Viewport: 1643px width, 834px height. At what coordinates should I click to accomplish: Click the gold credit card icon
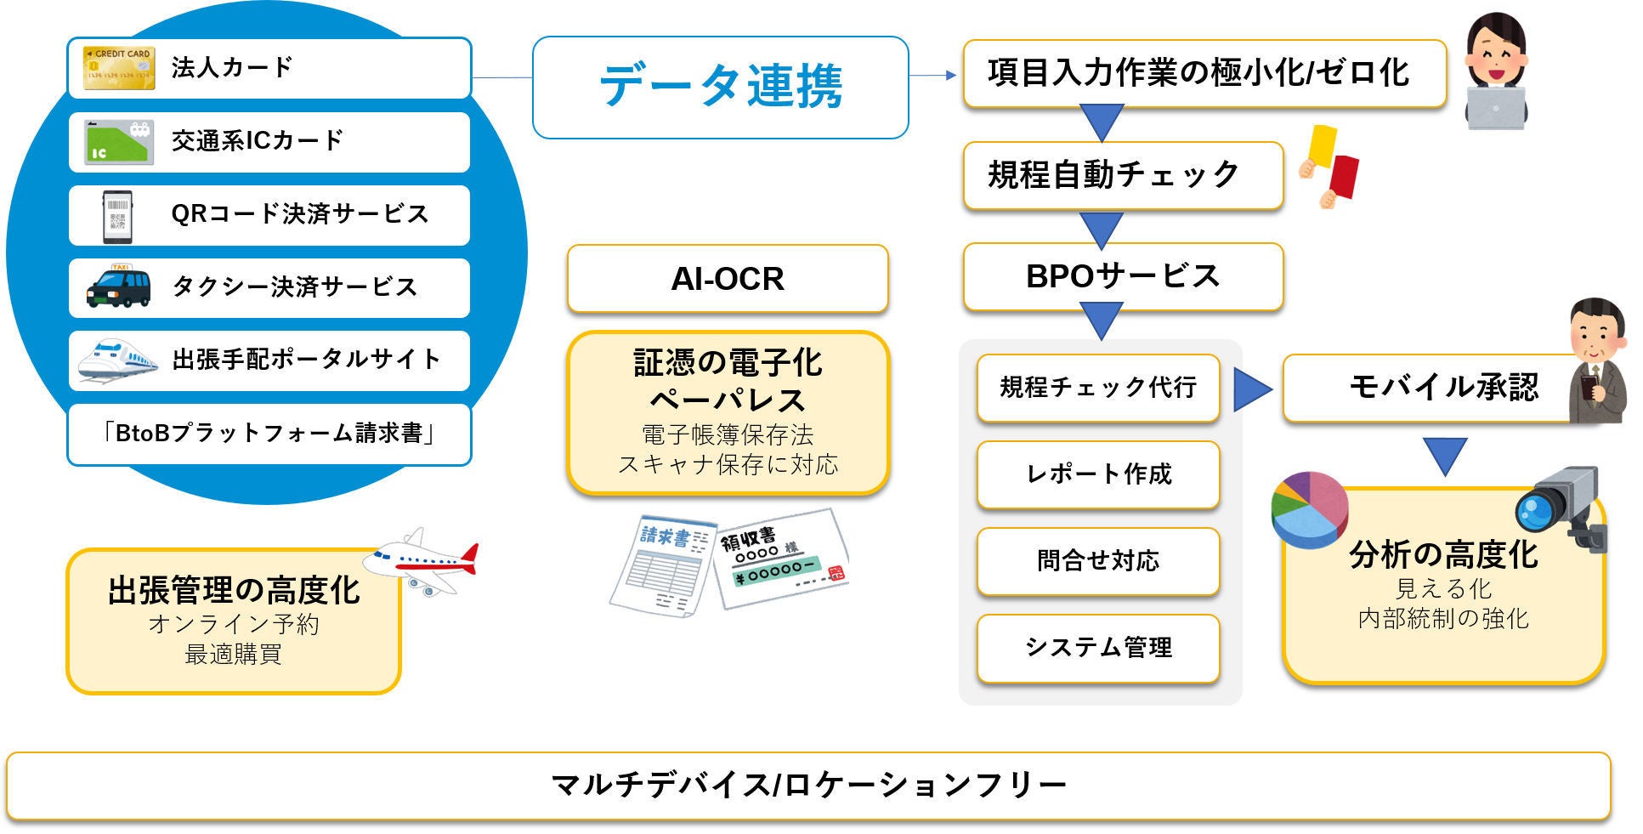(x=119, y=68)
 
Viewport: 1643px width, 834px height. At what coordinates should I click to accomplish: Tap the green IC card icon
(x=119, y=142)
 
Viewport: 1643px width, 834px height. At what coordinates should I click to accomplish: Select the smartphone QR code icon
(x=118, y=216)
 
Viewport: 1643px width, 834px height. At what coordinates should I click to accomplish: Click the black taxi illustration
(x=119, y=287)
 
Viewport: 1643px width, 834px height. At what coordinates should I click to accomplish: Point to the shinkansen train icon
(x=117, y=360)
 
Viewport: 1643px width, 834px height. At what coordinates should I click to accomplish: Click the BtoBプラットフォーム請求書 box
(x=269, y=434)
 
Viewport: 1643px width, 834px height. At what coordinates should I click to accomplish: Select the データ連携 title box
(x=720, y=87)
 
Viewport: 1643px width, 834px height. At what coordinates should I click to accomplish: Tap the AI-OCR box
(x=727, y=279)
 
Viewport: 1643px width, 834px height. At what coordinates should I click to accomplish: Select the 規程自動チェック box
(x=1122, y=175)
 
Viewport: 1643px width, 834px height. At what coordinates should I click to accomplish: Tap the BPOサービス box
(x=1122, y=276)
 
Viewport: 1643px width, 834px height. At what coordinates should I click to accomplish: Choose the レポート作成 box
(x=1098, y=474)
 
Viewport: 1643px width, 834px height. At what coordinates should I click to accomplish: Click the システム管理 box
(x=1098, y=648)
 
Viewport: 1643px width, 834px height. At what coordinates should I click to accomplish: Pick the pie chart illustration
(x=1310, y=508)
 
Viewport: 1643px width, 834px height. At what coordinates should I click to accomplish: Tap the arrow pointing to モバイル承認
(x=1250, y=389)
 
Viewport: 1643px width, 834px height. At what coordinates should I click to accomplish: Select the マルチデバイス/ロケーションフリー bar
(x=807, y=785)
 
